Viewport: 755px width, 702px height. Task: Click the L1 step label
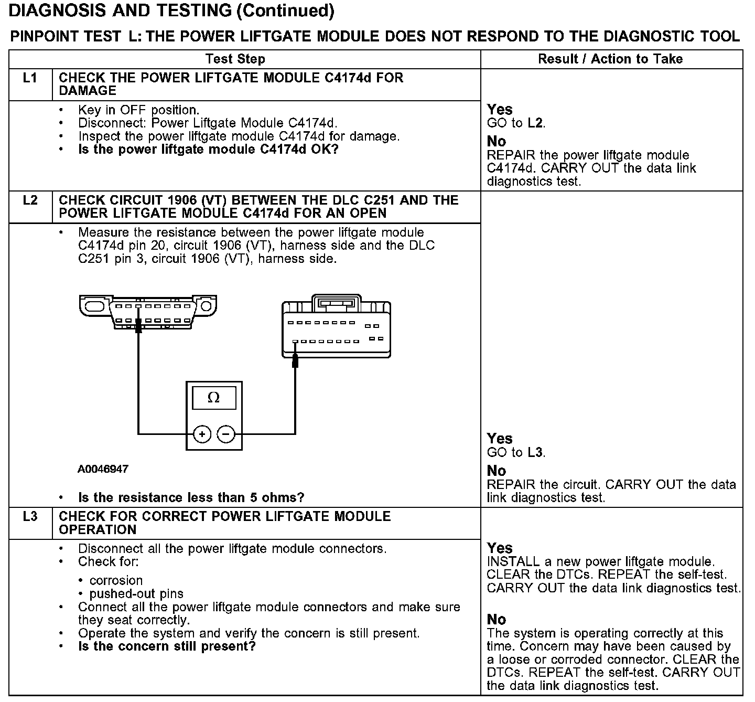click(30, 78)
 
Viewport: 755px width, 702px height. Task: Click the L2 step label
click(30, 200)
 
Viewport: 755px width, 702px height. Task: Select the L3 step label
click(30, 517)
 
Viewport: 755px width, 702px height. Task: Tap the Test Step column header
click(235, 59)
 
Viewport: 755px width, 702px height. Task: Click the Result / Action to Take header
click(610, 59)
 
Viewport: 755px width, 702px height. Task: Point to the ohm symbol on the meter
click(213, 398)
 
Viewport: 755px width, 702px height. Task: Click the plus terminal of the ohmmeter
click(202, 434)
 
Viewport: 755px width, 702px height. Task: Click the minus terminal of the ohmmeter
click(226, 434)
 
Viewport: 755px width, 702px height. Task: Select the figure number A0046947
click(103, 469)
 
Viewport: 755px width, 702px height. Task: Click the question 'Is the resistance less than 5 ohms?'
click(191, 497)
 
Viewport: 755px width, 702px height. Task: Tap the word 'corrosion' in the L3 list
click(116, 581)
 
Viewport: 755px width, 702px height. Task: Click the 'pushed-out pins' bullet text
click(136, 594)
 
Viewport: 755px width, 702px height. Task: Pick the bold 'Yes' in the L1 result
click(500, 110)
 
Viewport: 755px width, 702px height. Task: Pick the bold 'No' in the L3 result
click(496, 620)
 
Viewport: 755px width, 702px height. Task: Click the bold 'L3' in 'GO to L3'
click(535, 452)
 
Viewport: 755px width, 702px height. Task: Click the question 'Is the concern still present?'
click(167, 646)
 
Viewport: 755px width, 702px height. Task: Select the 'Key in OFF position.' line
click(138, 110)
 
